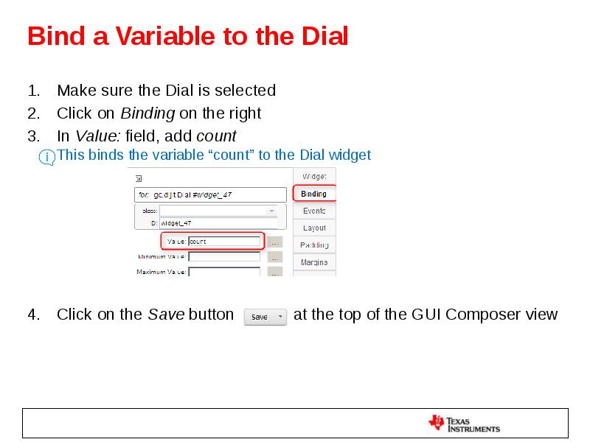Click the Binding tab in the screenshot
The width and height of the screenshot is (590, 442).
click(x=314, y=194)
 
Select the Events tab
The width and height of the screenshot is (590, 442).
click(x=314, y=211)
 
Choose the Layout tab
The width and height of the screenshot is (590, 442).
click(x=314, y=228)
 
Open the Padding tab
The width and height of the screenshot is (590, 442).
click(x=314, y=245)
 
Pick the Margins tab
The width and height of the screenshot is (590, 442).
click(x=314, y=262)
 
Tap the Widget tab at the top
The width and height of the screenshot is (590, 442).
click(x=314, y=176)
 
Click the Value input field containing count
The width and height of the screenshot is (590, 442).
click(x=224, y=241)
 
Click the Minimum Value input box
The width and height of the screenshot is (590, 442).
click(x=224, y=257)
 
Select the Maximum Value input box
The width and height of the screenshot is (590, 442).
click(x=224, y=272)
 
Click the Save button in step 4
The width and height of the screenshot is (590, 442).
click(x=264, y=317)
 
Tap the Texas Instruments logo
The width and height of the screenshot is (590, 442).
click(x=465, y=424)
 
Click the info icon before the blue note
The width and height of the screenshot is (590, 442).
click(x=47, y=157)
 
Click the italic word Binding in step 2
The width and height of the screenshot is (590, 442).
click(x=147, y=113)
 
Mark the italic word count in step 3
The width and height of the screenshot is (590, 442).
click(x=216, y=136)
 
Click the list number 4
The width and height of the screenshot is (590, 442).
click(x=32, y=315)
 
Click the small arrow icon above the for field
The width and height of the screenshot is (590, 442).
click(x=137, y=178)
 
